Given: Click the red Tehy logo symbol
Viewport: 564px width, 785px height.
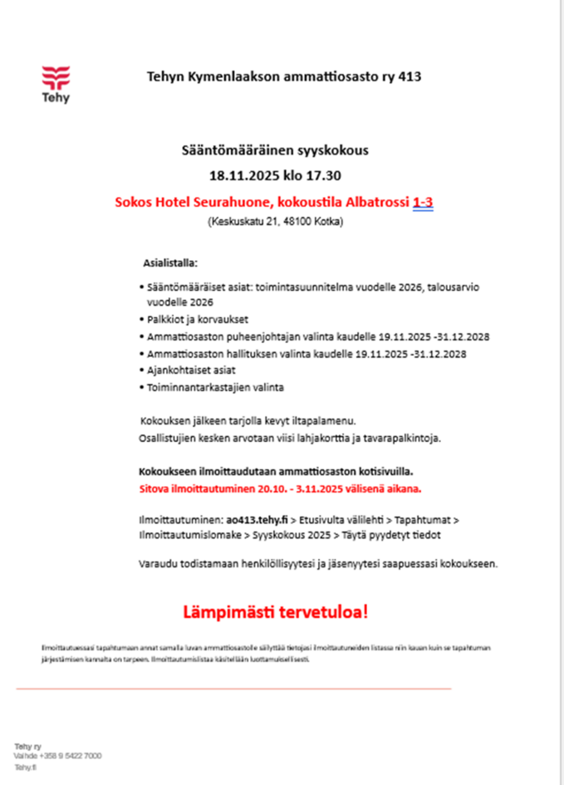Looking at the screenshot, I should pyautogui.click(x=56, y=78).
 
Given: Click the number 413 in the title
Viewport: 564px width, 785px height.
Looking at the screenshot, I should pyautogui.click(x=410, y=77).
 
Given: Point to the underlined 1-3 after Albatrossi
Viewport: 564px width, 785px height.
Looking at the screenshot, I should pyautogui.click(x=422, y=203).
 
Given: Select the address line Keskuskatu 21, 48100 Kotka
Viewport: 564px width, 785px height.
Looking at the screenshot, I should pyautogui.click(x=275, y=223).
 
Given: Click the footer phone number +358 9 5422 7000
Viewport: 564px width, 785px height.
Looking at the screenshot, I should pyautogui.click(x=69, y=756).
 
